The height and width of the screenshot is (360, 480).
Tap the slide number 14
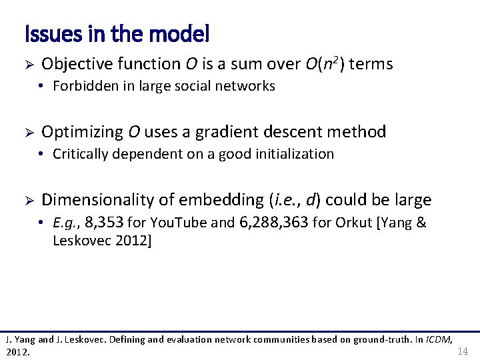click(x=463, y=351)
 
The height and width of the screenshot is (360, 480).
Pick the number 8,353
click(x=105, y=223)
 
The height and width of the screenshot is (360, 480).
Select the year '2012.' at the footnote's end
click(x=18, y=351)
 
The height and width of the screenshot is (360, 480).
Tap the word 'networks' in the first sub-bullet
click(x=250, y=86)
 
